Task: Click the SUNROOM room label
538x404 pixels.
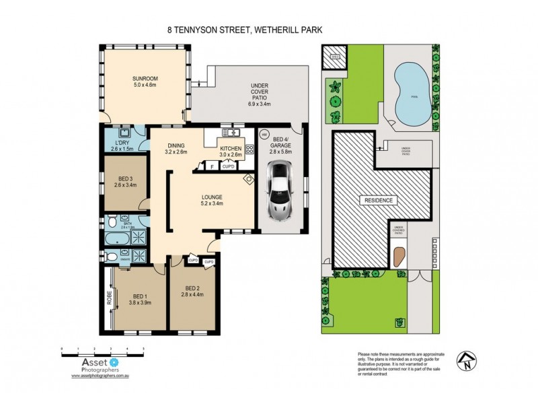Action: point(144,79)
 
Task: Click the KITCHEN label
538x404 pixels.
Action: point(231,151)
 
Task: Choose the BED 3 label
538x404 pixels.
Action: point(125,180)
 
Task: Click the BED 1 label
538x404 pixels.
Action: point(140,299)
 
